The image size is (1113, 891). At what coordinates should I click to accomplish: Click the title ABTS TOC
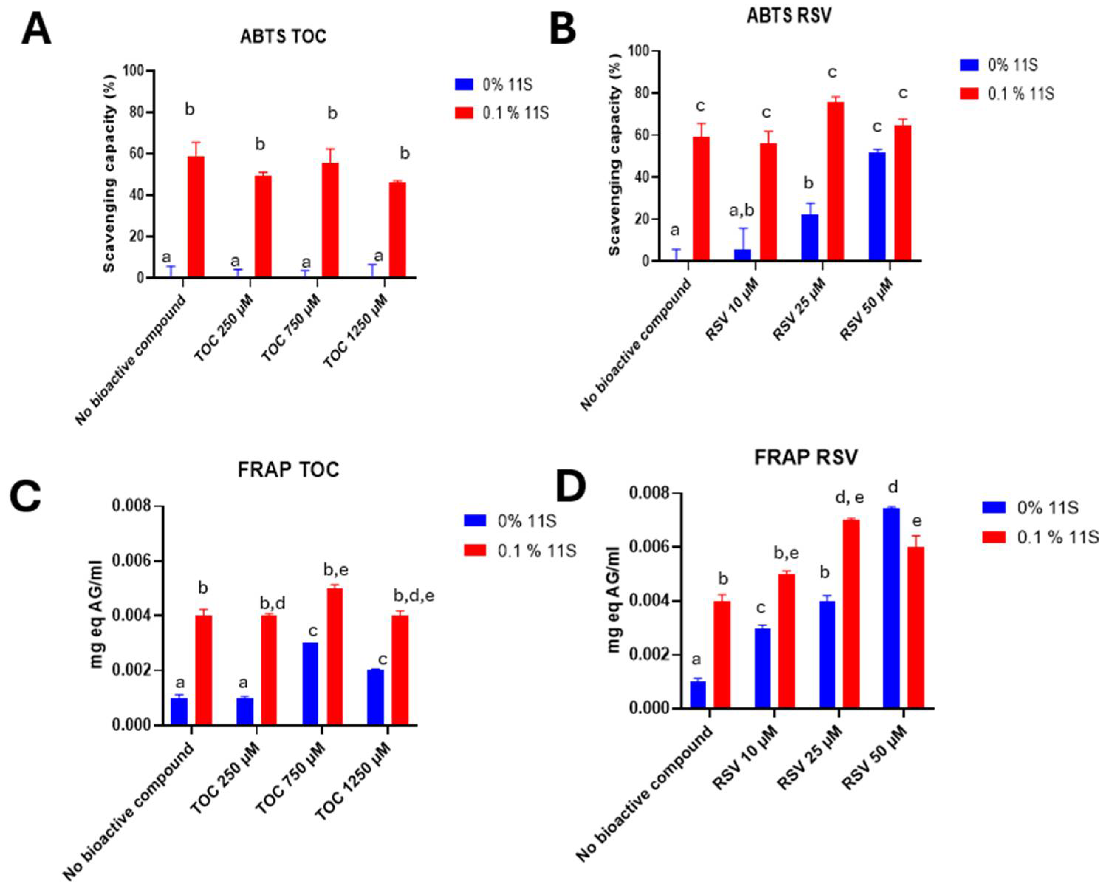(283, 37)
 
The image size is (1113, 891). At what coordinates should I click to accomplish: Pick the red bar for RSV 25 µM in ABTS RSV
(835, 181)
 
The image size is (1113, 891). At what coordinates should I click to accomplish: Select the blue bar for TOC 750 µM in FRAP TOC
(310, 683)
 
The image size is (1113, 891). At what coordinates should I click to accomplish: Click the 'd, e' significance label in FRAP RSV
(849, 498)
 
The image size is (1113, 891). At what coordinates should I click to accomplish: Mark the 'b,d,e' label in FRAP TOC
(414, 596)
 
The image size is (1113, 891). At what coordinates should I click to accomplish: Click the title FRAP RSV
(805, 457)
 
